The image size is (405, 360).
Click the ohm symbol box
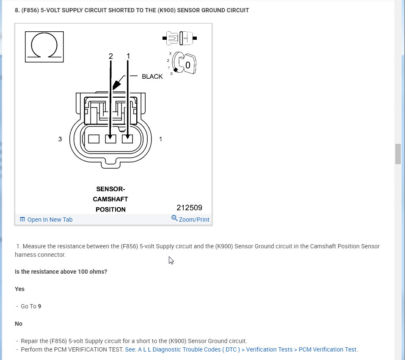44,47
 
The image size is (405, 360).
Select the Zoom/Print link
190,219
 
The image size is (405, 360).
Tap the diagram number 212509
189,208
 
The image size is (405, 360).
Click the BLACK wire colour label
152,77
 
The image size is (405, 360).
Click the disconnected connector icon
180,38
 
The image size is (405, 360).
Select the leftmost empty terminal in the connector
94,139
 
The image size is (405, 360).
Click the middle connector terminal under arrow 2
110,139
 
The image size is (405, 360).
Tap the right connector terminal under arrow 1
127,139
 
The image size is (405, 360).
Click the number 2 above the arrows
110,56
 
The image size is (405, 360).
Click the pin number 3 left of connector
60,139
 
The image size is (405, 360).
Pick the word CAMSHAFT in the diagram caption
110,199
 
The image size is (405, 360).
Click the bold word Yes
19,289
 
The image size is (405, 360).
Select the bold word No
19,324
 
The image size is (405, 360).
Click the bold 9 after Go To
39,306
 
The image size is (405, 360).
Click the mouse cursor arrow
171,260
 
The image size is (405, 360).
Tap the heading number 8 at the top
17,10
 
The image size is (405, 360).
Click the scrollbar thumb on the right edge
398,154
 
